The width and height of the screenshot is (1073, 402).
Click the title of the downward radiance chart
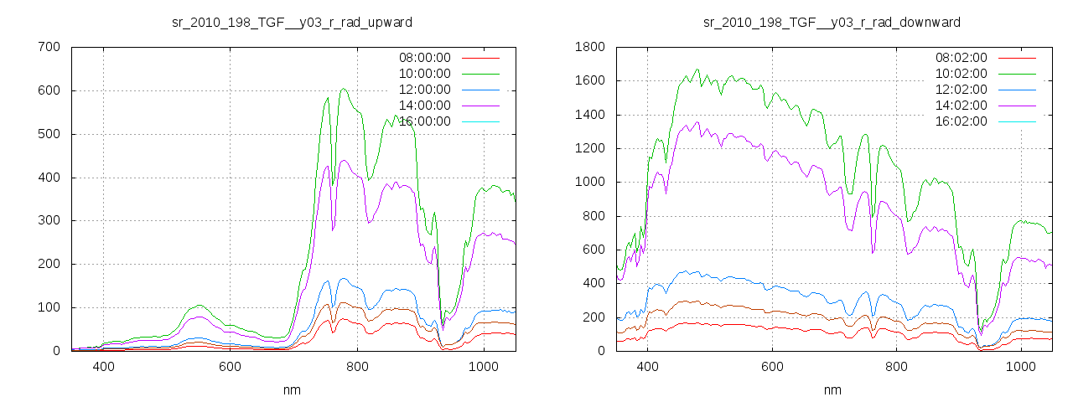point(832,22)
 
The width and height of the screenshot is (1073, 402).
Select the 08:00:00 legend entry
point(424,58)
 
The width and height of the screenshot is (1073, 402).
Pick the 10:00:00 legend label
point(424,74)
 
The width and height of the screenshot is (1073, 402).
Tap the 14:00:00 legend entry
point(424,106)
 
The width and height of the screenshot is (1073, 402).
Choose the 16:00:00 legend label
point(424,121)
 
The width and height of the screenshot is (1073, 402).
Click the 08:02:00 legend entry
point(961,58)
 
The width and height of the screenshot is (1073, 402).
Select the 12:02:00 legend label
point(961,90)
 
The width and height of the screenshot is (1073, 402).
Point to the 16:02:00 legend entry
point(961,121)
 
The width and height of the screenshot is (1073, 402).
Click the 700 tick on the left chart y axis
point(49,47)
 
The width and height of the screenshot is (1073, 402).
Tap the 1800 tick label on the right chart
point(589,47)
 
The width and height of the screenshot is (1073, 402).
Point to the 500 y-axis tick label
point(49,134)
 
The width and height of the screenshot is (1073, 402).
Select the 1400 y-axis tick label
point(589,115)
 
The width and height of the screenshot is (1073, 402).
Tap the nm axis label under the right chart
point(832,389)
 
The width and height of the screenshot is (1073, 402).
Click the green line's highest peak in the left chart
point(344,89)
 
